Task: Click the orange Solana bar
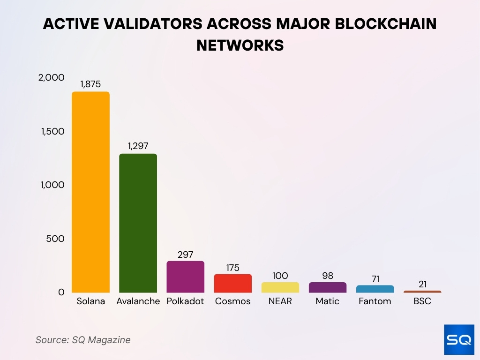pos(90,192)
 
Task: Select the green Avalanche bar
pos(138,223)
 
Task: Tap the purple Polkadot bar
pos(185,277)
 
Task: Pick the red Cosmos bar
pos(232,284)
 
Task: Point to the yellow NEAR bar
pos(280,287)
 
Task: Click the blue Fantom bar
pos(375,289)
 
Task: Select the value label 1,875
pos(90,85)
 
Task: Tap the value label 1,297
pos(138,146)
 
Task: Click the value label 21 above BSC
pos(422,284)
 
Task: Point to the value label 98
pos(328,275)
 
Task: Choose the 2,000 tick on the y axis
pos(52,78)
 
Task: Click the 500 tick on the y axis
pos(55,239)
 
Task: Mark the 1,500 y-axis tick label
pos(52,132)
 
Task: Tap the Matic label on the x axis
pos(328,301)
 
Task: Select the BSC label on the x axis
pos(422,301)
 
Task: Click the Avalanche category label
pos(138,301)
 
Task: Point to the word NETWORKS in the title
pos(240,45)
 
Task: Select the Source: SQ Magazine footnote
pos(83,340)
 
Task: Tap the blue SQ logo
pos(459,339)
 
